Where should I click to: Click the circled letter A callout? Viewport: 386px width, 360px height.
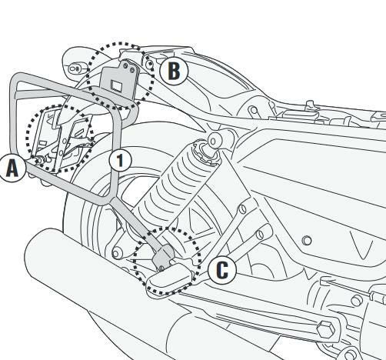pos(12,168)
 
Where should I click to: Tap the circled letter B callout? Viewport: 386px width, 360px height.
pos(174,71)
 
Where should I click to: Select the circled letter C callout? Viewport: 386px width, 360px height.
pos(222,270)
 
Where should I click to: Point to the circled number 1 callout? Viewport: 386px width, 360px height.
pos(120,160)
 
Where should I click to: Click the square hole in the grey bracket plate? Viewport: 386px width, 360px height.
pos(116,85)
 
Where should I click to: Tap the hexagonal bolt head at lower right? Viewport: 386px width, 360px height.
pos(326,328)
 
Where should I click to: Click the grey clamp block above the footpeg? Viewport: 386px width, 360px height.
pos(163,256)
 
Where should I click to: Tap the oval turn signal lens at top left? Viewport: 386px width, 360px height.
pos(75,68)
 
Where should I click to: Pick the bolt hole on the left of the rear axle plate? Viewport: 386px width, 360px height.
pos(116,254)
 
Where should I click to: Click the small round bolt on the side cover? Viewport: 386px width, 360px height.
pos(307,241)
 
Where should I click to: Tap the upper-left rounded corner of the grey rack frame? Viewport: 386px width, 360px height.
pos(16,79)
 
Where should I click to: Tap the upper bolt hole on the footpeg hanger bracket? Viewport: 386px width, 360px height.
pos(241,209)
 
